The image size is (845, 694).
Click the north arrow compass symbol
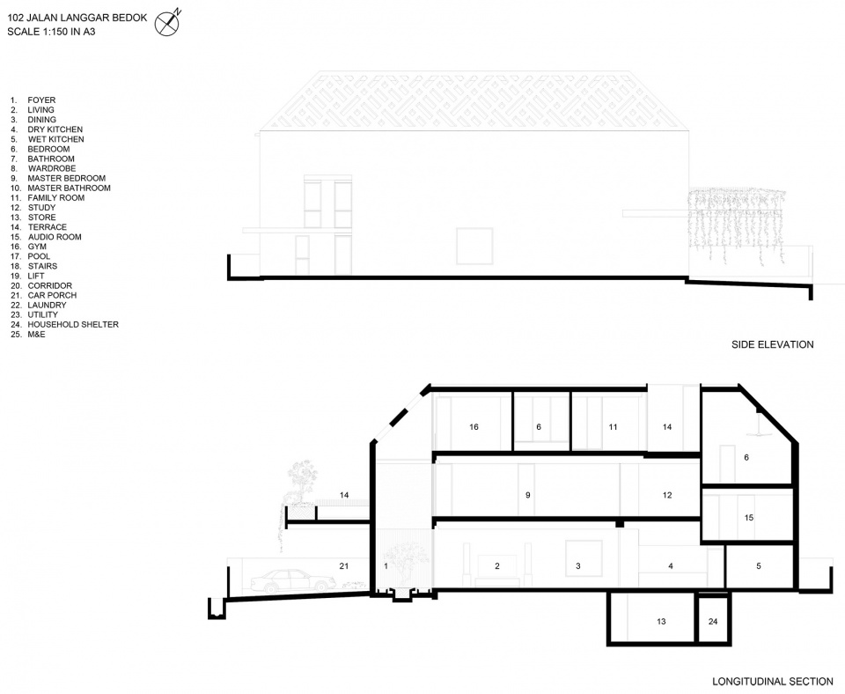(167, 23)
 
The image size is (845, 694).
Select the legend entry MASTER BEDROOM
(66, 178)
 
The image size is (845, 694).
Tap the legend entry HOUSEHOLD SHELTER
(73, 325)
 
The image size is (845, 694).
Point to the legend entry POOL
(39, 256)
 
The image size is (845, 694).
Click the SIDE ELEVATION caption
(772, 344)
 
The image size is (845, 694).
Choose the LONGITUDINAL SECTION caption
(772, 682)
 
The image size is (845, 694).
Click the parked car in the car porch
(292, 580)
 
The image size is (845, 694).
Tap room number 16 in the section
(474, 427)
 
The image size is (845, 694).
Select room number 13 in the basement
(661, 622)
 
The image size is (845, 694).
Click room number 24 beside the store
(712, 622)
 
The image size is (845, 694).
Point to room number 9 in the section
(527, 495)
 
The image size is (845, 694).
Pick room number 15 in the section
(748, 518)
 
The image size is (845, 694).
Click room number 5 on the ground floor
(758, 566)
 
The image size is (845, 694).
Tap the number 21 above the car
(344, 566)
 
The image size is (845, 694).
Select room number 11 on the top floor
(613, 427)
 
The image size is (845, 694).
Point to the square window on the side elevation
(474, 246)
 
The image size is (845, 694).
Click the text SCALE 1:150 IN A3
(51, 32)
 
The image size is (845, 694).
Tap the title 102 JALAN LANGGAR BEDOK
(77, 18)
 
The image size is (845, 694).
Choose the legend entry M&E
(37, 335)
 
